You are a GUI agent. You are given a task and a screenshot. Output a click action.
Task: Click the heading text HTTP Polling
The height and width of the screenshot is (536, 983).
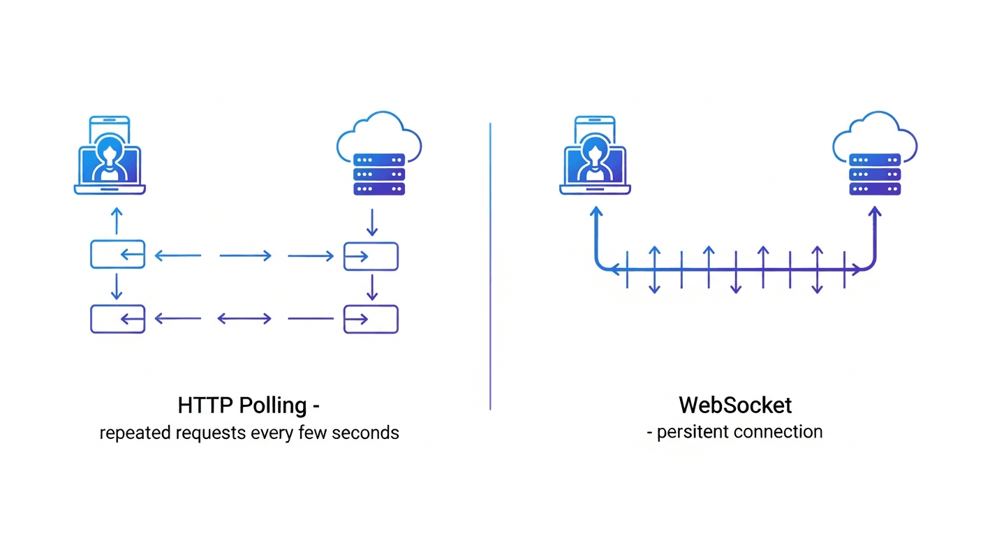pos(243,405)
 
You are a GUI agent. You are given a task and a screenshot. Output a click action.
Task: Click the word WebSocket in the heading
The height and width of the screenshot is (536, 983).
pos(735,405)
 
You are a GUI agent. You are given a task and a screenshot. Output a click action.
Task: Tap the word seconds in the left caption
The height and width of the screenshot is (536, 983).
pos(365,433)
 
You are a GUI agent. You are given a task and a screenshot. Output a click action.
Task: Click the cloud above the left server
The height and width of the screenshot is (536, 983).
pos(379,134)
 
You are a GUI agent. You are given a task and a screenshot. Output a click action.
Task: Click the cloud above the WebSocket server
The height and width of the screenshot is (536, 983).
pos(875,134)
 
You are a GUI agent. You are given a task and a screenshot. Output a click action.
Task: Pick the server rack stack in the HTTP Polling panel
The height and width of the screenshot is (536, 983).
pos(379,173)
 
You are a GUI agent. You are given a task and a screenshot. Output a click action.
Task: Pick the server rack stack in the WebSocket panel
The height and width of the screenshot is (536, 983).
pos(875,173)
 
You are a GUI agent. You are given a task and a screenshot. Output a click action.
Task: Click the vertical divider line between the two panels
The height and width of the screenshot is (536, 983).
pos(490,265)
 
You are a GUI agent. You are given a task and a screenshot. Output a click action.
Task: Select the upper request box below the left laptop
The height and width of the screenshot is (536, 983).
pos(117,255)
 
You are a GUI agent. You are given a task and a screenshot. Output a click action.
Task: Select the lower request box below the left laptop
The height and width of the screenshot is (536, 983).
pos(117,319)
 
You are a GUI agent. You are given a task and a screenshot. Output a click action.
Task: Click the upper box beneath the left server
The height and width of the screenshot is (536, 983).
pos(371,256)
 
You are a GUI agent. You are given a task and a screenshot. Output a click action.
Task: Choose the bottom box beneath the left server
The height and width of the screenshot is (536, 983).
pos(371,319)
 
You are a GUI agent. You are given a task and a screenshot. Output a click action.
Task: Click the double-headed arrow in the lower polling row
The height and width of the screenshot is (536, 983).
pos(244,319)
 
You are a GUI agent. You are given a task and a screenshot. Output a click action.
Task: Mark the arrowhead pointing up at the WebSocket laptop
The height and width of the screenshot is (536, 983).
pos(596,211)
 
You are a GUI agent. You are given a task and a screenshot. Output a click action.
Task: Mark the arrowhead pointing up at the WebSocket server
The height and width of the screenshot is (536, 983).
pos(875,211)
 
